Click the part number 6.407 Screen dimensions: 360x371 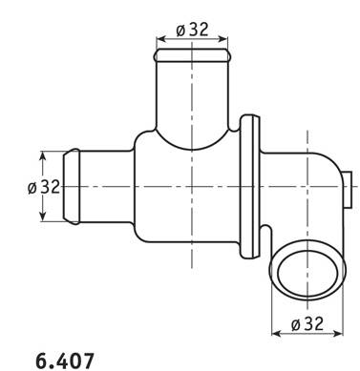[x=65, y=361]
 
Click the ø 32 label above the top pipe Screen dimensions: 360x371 [x=192, y=30]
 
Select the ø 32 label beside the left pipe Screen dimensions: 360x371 [x=44, y=187]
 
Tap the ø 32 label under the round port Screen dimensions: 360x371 [x=307, y=323]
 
